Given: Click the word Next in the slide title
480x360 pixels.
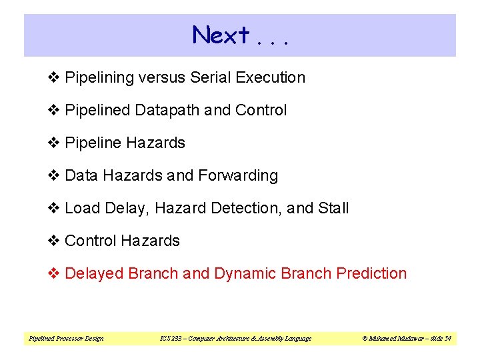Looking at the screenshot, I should (221, 35).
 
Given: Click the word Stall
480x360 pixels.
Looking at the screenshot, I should (333, 208).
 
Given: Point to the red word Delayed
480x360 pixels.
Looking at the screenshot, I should (94, 273).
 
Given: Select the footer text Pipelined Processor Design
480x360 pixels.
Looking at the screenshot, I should (66, 339).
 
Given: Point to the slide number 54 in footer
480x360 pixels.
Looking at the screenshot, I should (448, 339).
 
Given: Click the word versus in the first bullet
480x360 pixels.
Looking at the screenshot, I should (163, 77).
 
